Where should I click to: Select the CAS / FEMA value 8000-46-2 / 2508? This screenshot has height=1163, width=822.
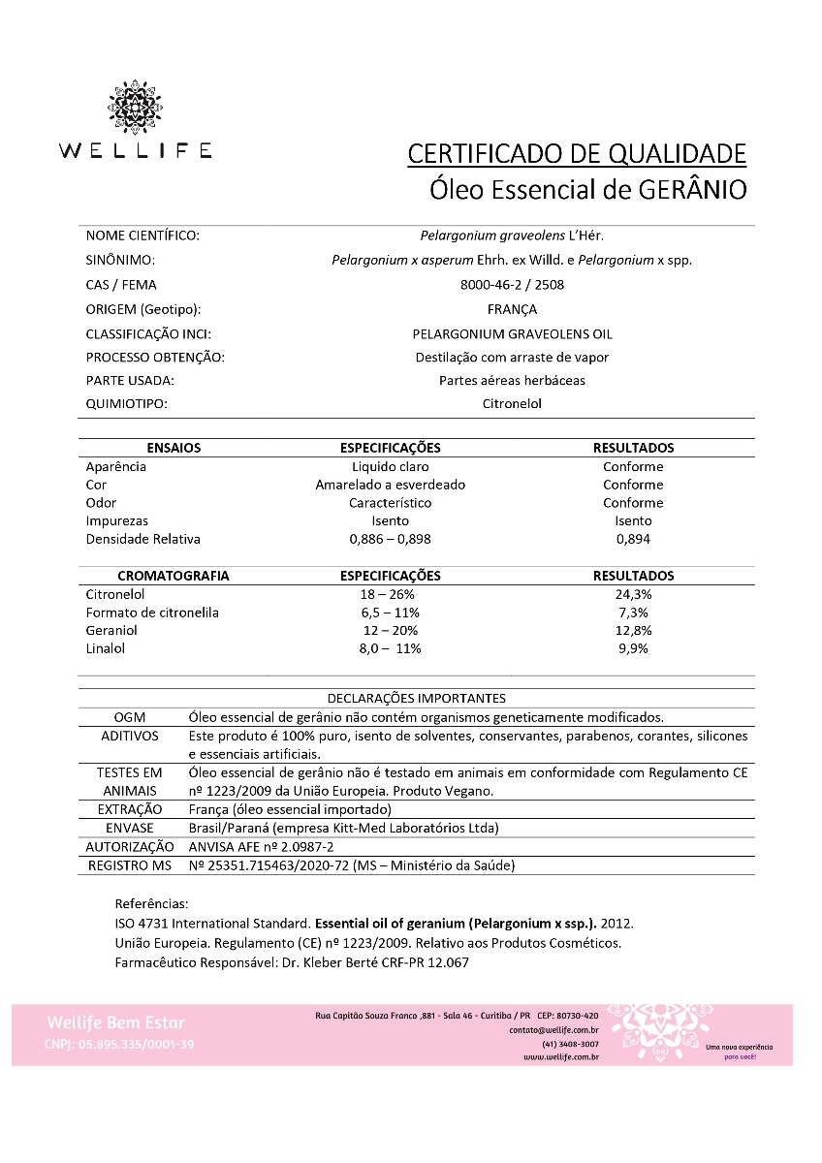pos(512,285)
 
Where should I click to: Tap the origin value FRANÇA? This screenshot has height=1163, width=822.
pos(512,309)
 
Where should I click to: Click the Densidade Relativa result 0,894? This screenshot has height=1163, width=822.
pos(633,539)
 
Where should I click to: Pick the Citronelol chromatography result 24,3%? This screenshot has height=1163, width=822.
pos(633,594)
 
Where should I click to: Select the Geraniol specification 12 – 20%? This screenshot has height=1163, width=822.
pos(390,631)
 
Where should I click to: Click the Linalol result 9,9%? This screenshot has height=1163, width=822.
pos(633,648)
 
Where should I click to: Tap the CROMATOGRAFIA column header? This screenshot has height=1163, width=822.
pos(174,576)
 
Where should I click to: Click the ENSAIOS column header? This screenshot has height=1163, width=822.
pos(174,448)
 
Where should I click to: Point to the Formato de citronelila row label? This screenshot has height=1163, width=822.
pos(152,613)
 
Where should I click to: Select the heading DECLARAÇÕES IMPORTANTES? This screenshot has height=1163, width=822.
pos(416,698)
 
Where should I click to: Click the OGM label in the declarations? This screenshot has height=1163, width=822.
pos(130,717)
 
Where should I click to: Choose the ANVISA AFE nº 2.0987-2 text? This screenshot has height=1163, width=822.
pos(253,846)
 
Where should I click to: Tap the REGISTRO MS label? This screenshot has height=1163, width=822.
pos(130,864)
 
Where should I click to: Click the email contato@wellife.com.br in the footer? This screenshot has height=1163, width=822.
pos(553,1029)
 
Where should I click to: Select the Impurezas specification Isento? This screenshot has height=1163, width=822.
pos(390,520)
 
